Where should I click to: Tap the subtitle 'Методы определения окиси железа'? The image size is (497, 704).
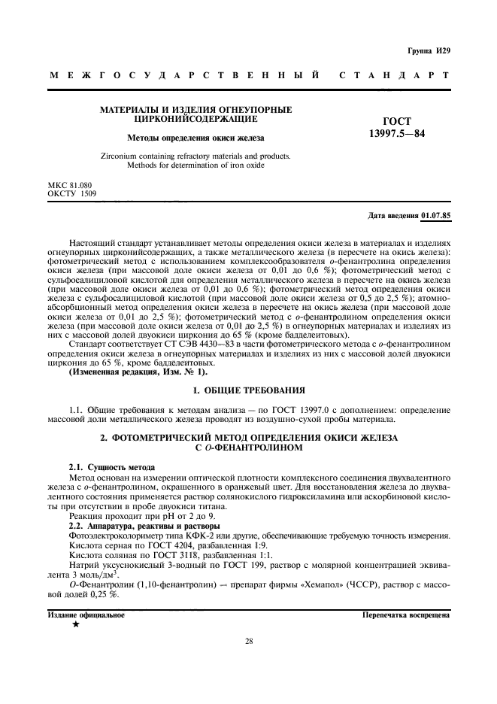click(195, 138)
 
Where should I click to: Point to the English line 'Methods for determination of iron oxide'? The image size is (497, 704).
click(195, 165)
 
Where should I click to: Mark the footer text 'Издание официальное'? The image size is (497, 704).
click(86, 614)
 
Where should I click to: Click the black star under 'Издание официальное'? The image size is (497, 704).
click(75, 625)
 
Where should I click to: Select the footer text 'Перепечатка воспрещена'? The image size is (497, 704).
click(405, 614)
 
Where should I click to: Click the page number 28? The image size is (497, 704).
click(249, 642)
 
